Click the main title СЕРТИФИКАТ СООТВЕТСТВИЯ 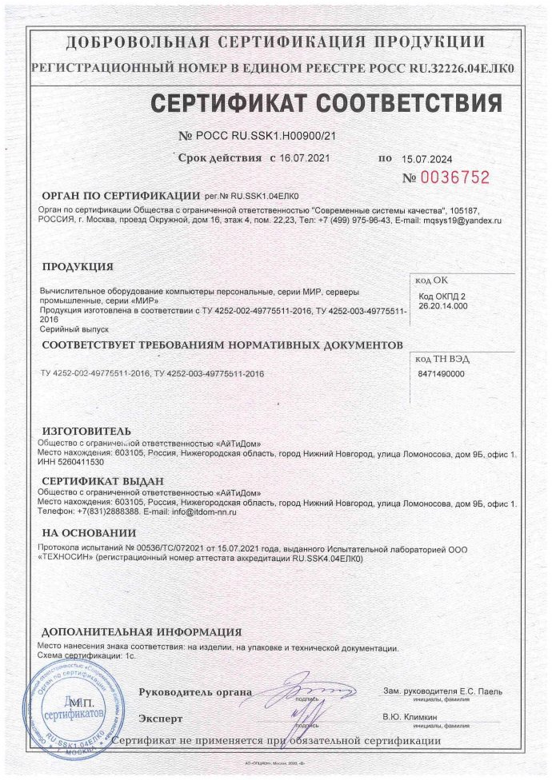[326, 104]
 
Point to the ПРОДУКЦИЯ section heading [77, 267]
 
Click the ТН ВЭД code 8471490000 [441, 373]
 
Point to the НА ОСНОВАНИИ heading [88, 533]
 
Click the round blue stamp [70, 703]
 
